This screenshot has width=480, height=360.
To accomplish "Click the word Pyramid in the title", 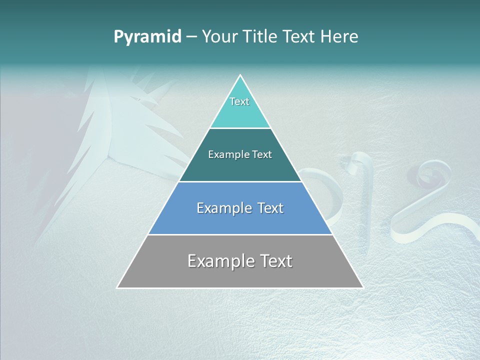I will tap(147, 37).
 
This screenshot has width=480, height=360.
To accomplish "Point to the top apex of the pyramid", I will tap(240, 75).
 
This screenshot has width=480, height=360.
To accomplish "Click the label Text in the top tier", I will tap(239, 101).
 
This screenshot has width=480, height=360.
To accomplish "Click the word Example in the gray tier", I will tap(217, 261).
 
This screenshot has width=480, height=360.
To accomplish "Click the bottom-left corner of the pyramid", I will tap(117, 287).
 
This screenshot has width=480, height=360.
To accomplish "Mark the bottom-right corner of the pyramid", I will tap(362, 287).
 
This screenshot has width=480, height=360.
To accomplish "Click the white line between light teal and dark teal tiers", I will tap(240, 128).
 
